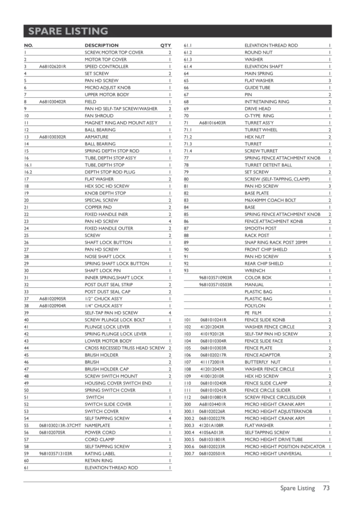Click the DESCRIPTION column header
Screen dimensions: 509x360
pyautogui.click(x=101, y=45)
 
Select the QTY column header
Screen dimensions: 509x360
pyautogui.click(x=165, y=45)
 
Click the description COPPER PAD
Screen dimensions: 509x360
pyautogui.click(x=98, y=207)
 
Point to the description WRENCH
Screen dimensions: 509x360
pyautogui.click(x=255, y=270)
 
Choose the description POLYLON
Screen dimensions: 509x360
pyautogui.click(x=255, y=305)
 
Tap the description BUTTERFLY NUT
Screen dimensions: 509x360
pyautogui.click(x=263, y=361)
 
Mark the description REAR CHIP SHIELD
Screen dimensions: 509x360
pyautogui.click(x=264, y=263)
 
